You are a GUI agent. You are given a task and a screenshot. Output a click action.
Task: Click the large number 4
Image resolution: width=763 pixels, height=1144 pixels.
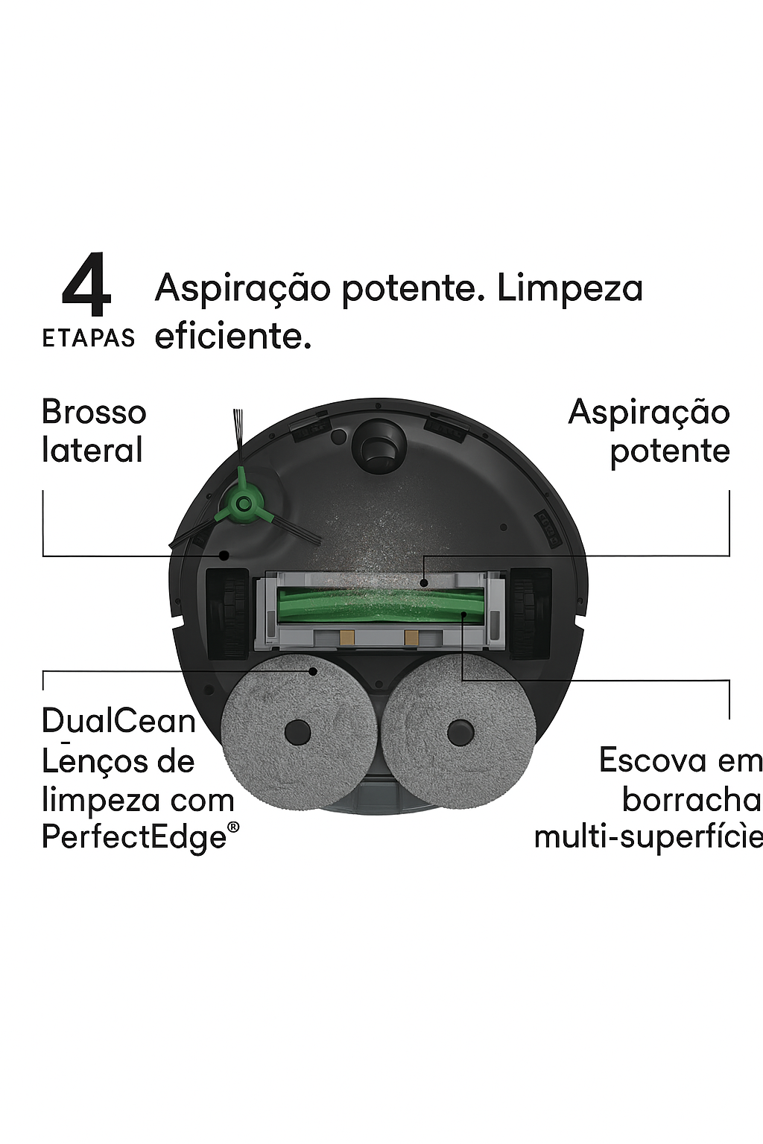pyautogui.click(x=86, y=285)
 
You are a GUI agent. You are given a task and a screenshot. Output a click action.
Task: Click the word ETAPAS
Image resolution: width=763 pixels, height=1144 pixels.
pyautogui.click(x=88, y=338)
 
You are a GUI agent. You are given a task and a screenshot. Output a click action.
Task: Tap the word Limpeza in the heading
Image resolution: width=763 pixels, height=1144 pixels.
pyautogui.click(x=569, y=289)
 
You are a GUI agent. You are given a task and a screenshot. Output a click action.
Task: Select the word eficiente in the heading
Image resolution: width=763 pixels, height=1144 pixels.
pyautogui.click(x=232, y=336)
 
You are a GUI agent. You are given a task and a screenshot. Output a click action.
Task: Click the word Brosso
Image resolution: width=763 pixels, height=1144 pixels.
pyautogui.click(x=94, y=413)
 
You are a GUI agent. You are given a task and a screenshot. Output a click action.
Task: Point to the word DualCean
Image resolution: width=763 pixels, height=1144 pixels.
pyautogui.click(x=118, y=721)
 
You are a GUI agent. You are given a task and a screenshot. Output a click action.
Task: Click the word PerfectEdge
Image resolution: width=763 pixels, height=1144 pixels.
pyautogui.click(x=135, y=837)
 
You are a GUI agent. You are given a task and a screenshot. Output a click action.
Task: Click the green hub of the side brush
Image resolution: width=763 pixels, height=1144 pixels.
pyautogui.click(x=241, y=503)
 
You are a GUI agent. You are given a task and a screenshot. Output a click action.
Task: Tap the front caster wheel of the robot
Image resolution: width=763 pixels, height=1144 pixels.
pyautogui.click(x=381, y=445)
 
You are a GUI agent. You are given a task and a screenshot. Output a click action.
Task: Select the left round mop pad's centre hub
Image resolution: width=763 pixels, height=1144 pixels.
pyautogui.click(x=297, y=731)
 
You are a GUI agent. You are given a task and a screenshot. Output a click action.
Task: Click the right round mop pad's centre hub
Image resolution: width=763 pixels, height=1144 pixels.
pyautogui.click(x=460, y=732)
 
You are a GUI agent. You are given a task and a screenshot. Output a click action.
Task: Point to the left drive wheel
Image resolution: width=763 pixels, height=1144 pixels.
pyautogui.click(x=227, y=613)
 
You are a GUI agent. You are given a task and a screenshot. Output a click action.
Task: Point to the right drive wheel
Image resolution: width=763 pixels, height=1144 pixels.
pyautogui.click(x=531, y=613)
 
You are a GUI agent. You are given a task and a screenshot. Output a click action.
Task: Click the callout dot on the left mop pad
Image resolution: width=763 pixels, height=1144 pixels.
pyautogui.click(x=314, y=671)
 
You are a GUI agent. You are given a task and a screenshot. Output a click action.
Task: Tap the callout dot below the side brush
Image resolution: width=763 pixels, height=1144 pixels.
pyautogui.click(x=223, y=555)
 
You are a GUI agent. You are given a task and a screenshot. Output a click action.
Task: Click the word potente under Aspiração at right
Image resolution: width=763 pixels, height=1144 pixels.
pyautogui.click(x=669, y=451)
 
